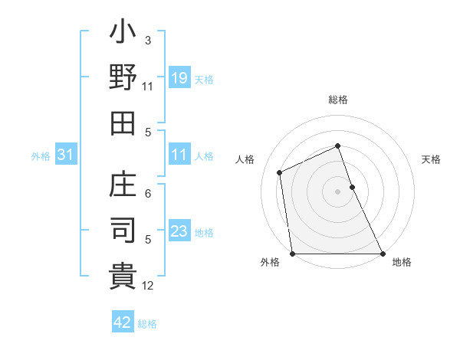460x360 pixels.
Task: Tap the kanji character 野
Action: tap(123, 78)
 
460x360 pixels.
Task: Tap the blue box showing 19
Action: tap(179, 78)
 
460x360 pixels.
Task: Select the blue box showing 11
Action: tap(179, 155)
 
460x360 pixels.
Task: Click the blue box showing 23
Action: tap(179, 231)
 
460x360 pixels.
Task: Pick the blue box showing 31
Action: tap(65, 155)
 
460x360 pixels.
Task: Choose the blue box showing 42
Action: tap(122, 322)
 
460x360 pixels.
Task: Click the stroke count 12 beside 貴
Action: tap(149, 286)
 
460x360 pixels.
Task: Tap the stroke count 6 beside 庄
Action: tap(148, 195)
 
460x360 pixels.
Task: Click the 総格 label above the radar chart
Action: tap(338, 100)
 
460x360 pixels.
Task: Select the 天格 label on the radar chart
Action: tap(431, 159)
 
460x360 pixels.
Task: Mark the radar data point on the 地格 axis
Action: tap(383, 254)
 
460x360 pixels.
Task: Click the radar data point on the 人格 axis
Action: tap(280, 172)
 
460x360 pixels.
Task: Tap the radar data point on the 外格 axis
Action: tap(293, 254)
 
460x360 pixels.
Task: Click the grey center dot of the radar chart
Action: tap(337, 191)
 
